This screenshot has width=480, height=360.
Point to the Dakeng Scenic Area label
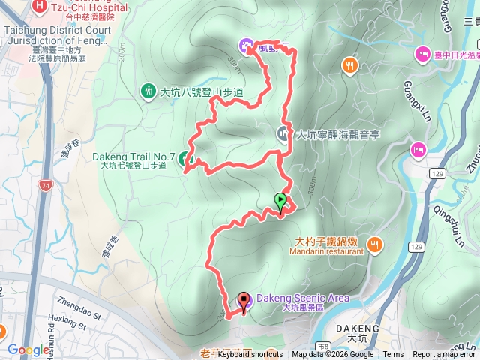(303, 298)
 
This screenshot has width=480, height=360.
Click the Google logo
(28, 349)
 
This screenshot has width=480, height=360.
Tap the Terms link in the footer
(393, 355)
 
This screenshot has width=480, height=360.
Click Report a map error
(443, 355)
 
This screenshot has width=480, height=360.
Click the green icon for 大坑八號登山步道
(148, 91)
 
